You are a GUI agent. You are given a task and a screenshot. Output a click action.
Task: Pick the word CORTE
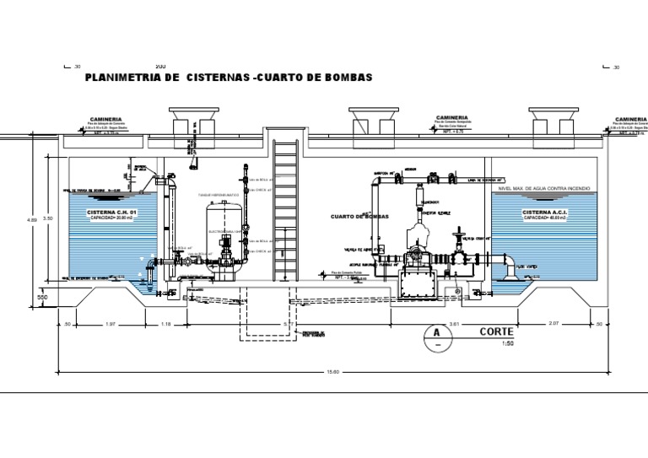(497, 331)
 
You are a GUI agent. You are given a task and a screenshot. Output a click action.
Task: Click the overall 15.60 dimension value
(334, 374)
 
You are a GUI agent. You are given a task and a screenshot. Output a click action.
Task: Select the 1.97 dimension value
(109, 324)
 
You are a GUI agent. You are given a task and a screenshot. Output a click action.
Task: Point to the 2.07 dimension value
(554, 324)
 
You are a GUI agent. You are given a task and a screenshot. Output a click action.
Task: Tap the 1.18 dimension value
(165, 324)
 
